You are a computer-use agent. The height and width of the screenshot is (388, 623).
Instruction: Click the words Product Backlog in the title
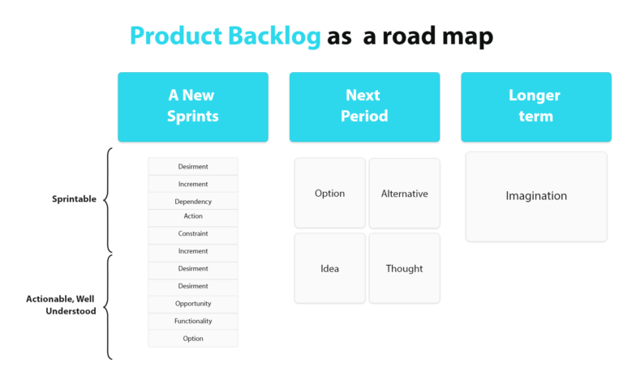226,36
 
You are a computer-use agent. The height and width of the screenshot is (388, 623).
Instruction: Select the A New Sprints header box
193,106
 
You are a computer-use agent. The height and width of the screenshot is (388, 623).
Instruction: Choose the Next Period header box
364,106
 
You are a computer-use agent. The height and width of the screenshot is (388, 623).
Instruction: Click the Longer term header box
535,106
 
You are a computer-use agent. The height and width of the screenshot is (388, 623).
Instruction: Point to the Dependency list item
193,202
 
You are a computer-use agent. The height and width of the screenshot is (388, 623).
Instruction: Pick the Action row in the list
193,217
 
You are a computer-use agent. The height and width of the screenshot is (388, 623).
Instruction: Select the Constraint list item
193,234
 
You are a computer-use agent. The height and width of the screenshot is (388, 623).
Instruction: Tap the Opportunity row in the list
193,304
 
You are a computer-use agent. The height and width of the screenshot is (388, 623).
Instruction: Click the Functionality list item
193,322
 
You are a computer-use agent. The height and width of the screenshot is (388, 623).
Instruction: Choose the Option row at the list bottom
193,339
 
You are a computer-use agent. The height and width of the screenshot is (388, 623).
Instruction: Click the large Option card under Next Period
329,194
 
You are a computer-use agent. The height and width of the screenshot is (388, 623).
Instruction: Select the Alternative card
404,194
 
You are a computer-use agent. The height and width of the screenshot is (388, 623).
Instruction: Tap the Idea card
329,269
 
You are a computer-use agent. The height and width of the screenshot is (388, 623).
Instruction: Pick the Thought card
404,269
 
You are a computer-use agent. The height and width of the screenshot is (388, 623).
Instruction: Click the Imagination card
536,196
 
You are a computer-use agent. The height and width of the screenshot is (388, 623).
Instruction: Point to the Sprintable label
74,199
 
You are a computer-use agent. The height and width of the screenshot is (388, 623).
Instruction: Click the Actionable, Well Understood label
61,305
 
